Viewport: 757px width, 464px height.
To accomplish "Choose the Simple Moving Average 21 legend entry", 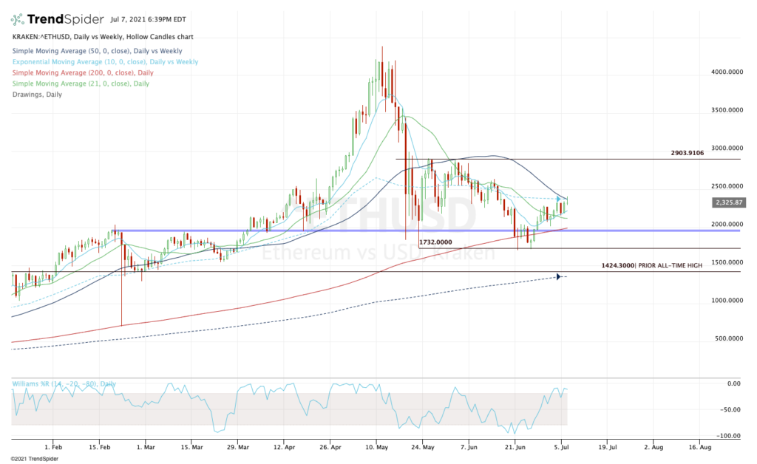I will pos(81,83).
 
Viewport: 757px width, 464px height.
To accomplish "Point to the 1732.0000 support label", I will pos(436,242).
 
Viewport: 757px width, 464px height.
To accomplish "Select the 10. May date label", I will pos(377,447).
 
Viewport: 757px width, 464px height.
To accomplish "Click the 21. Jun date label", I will pos(516,447).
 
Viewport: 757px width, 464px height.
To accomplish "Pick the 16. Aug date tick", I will pos(699,447).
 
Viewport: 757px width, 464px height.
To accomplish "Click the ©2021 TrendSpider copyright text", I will pos(33,459).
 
